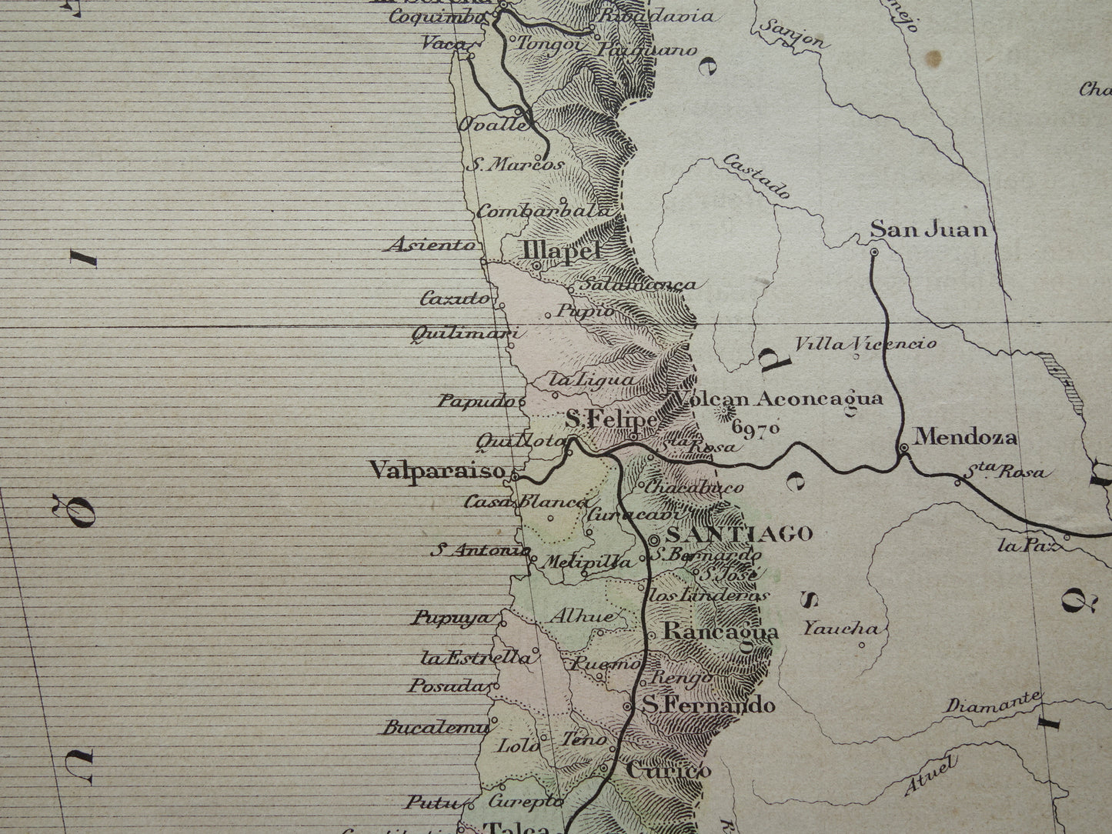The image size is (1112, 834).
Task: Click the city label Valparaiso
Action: tap(436, 469)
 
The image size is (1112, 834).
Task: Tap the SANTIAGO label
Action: tap(739, 533)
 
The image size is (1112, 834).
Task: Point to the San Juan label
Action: tap(928, 229)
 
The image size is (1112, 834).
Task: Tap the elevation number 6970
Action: tap(757, 428)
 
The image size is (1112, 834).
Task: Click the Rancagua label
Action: tap(720, 632)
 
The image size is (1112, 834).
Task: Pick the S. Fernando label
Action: tap(708, 705)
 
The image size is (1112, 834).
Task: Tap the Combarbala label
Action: tap(544, 210)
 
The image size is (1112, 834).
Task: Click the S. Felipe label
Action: tap(611, 419)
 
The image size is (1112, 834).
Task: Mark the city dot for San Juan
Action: tap(874, 252)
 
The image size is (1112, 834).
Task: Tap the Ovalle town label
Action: tap(493, 125)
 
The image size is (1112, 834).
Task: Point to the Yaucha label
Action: tap(840, 629)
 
